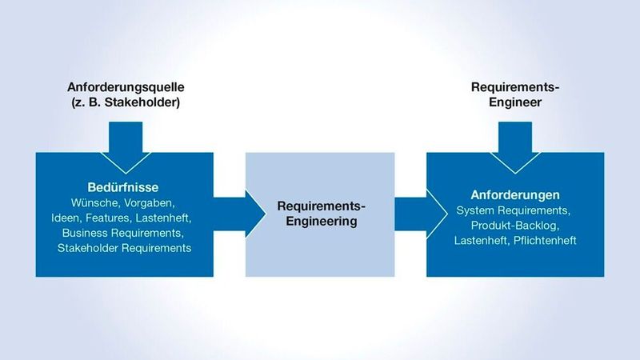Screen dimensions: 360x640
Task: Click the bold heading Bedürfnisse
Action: point(124,186)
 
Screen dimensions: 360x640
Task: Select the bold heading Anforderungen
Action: point(514,195)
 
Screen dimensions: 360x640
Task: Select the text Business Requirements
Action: point(123,233)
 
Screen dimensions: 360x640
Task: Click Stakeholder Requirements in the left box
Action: point(124,248)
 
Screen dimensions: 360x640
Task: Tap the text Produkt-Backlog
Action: point(514,226)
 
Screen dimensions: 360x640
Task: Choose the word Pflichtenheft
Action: point(543,241)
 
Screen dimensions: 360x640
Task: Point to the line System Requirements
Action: point(514,210)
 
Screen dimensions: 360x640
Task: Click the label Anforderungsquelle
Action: point(123,86)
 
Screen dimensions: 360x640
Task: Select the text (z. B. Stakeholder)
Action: point(123,102)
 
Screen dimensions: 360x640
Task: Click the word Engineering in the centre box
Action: point(319,222)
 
